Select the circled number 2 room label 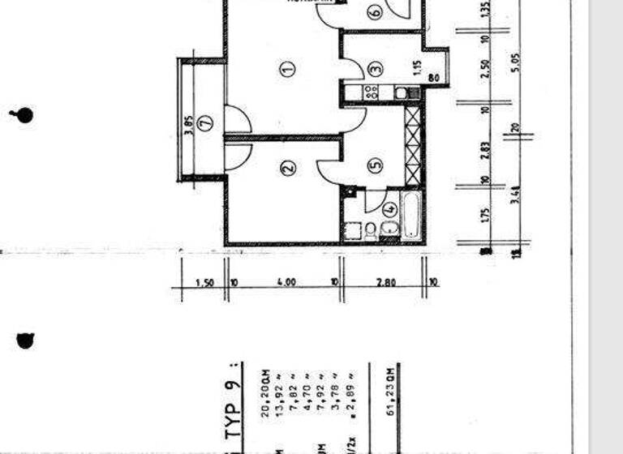pos(287,169)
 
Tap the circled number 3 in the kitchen pos(374,70)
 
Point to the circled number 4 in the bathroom pos(389,208)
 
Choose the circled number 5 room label pos(374,165)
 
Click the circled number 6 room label pos(374,12)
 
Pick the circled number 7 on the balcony pos(204,122)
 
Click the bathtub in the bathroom pos(410,215)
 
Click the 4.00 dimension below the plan pos(285,282)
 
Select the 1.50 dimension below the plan pos(205,282)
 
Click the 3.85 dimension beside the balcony pos(188,126)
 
